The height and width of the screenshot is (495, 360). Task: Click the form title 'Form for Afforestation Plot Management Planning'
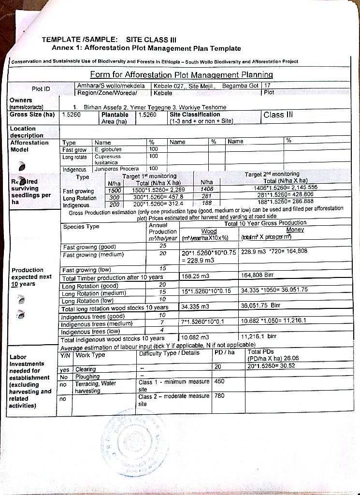[181, 75]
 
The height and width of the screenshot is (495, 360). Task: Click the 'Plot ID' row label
[41, 89]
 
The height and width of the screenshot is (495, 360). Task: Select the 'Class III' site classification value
[278, 115]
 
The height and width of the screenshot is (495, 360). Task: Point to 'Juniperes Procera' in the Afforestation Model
[116, 169]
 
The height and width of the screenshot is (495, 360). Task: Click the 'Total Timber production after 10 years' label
[112, 278]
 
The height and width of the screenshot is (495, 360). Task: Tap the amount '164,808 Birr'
[257, 276]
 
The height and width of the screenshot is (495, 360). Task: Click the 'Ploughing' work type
[87, 377]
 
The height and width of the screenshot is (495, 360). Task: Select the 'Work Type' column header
[90, 355]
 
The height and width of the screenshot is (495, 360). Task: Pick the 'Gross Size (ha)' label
[32, 115]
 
